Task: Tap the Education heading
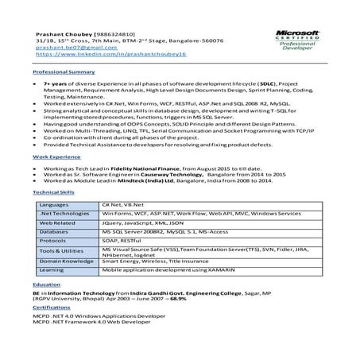(x=47, y=305)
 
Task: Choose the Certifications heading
(x=52, y=330)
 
